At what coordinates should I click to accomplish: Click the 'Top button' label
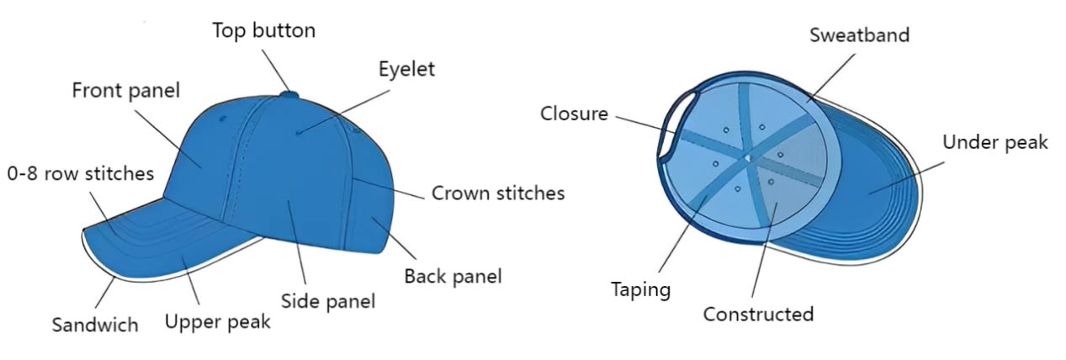tap(263, 31)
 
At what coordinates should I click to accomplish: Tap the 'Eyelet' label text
tap(406, 69)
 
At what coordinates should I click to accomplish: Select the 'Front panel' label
tap(125, 91)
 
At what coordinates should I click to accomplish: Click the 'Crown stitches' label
tap(497, 193)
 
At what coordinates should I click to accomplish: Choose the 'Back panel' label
tap(453, 276)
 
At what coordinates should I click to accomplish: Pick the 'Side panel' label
tap(327, 301)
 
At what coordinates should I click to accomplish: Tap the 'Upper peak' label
tap(217, 321)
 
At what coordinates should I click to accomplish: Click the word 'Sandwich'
tap(95, 325)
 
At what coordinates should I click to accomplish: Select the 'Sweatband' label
tap(859, 35)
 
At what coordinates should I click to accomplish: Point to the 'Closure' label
tap(574, 114)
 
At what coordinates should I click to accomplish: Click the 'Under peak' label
tap(994, 142)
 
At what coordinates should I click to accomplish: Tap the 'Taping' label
tap(640, 290)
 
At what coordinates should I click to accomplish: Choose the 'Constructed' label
tap(758, 315)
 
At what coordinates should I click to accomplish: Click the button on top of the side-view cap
tap(289, 94)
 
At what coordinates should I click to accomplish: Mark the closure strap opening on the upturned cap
tap(683, 125)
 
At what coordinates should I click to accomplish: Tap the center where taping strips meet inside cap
tap(747, 157)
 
